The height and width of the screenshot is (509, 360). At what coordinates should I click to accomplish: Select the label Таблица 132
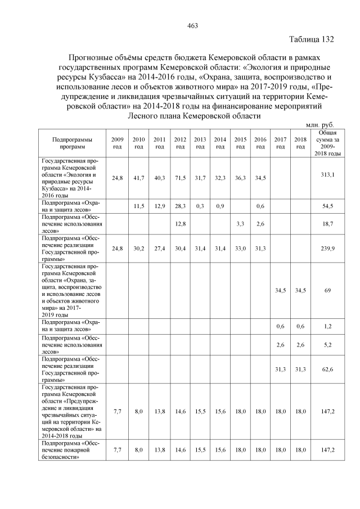pyautogui.click(x=312, y=39)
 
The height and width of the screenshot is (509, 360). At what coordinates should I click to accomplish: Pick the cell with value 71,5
pyautogui.click(x=180, y=178)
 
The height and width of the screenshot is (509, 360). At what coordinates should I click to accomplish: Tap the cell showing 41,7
pyautogui.click(x=139, y=178)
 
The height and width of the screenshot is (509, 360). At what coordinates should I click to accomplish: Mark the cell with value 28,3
pyautogui.click(x=180, y=206)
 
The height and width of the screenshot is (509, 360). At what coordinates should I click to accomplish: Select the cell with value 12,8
pyautogui.click(x=180, y=224)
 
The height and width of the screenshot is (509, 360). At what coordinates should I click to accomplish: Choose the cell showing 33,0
pyautogui.click(x=240, y=249)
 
